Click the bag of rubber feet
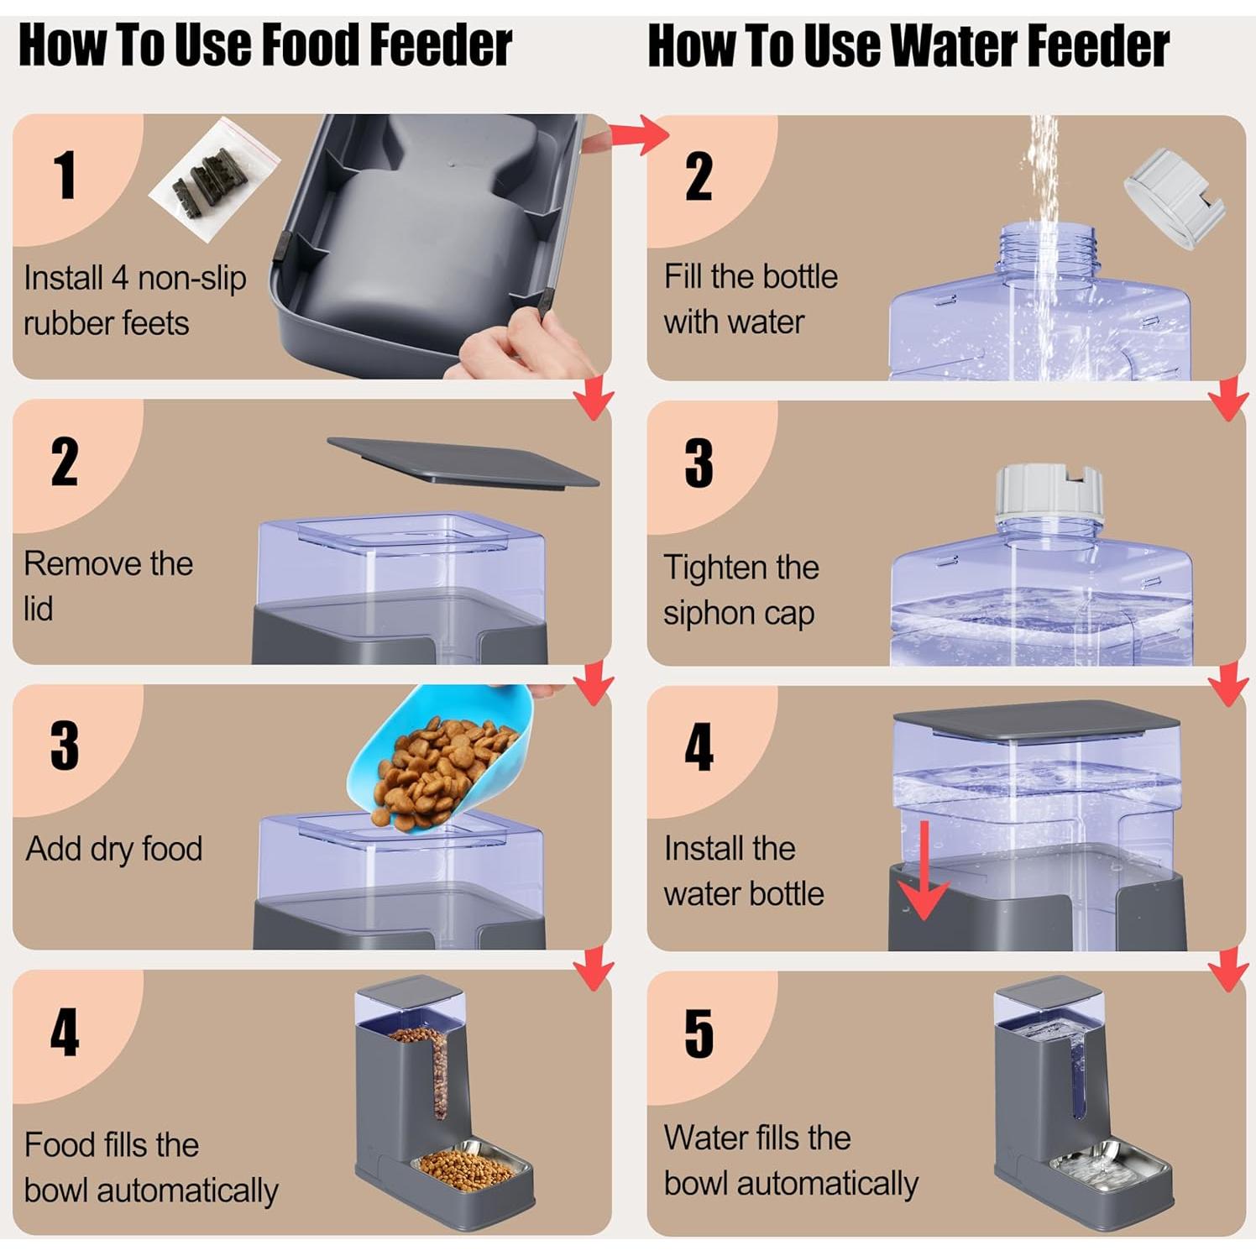(214, 179)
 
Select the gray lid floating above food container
(463, 460)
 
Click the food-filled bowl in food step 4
(473, 1167)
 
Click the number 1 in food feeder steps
(65, 175)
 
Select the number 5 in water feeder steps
(699, 1034)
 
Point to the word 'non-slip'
(191, 278)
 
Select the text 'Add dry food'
(114, 849)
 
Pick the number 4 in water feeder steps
(699, 747)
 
